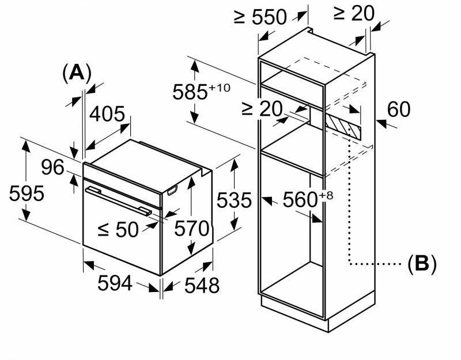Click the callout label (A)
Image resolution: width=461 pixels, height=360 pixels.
coord(77,73)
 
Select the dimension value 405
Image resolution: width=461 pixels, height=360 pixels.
coord(107,114)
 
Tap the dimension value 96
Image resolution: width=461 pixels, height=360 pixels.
coord(53,167)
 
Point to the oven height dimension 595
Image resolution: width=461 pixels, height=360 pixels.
coord(27,194)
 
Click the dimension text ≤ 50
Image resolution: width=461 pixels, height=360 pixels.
coord(118,229)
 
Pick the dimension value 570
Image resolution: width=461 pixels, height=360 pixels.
coord(191,229)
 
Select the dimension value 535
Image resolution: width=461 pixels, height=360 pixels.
coord(233,200)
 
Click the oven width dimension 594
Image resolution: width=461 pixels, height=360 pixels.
coord(115,283)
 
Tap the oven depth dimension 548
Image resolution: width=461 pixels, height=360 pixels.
coord(202,285)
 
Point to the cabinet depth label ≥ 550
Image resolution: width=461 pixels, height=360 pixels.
coord(260,17)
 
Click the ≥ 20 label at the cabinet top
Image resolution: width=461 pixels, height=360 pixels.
coord(354,13)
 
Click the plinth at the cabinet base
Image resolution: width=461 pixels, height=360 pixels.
coord(323,314)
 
